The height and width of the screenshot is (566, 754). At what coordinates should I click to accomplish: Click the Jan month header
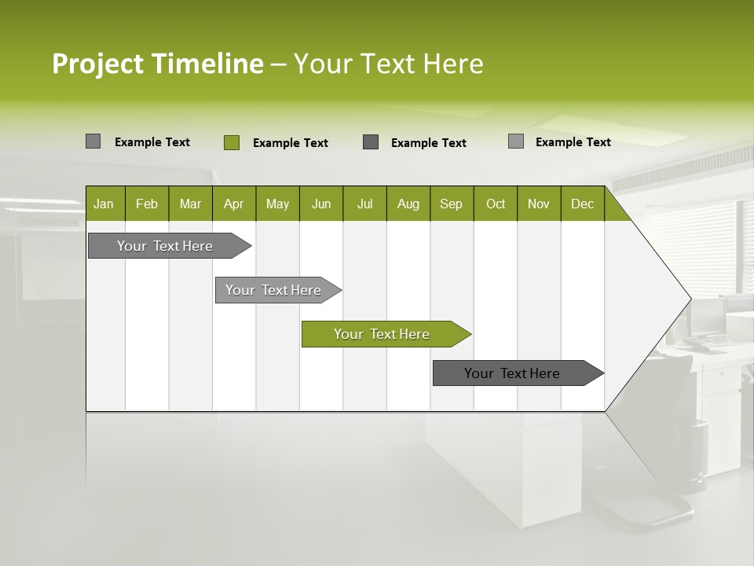(x=104, y=204)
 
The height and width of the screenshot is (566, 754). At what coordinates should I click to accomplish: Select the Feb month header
(x=147, y=204)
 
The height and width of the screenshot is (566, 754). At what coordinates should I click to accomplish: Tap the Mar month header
(x=190, y=204)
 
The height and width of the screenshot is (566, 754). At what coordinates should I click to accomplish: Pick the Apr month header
(x=234, y=204)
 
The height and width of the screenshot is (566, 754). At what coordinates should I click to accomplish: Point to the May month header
(x=277, y=204)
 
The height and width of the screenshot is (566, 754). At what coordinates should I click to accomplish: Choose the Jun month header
(x=321, y=204)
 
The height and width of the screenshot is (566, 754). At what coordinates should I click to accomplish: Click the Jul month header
(x=364, y=204)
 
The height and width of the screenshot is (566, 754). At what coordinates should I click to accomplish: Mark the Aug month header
(x=408, y=204)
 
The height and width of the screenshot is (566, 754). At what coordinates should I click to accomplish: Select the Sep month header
(x=452, y=204)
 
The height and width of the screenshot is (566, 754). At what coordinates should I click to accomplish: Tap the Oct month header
(x=496, y=204)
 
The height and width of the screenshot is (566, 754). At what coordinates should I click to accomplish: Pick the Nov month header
(x=539, y=204)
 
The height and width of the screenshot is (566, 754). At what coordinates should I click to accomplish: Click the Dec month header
(x=583, y=204)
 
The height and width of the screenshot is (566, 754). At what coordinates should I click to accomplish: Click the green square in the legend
(x=232, y=142)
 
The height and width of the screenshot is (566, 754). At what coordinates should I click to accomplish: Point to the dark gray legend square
(x=371, y=142)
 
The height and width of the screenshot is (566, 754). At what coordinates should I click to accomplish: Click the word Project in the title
(x=98, y=64)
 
